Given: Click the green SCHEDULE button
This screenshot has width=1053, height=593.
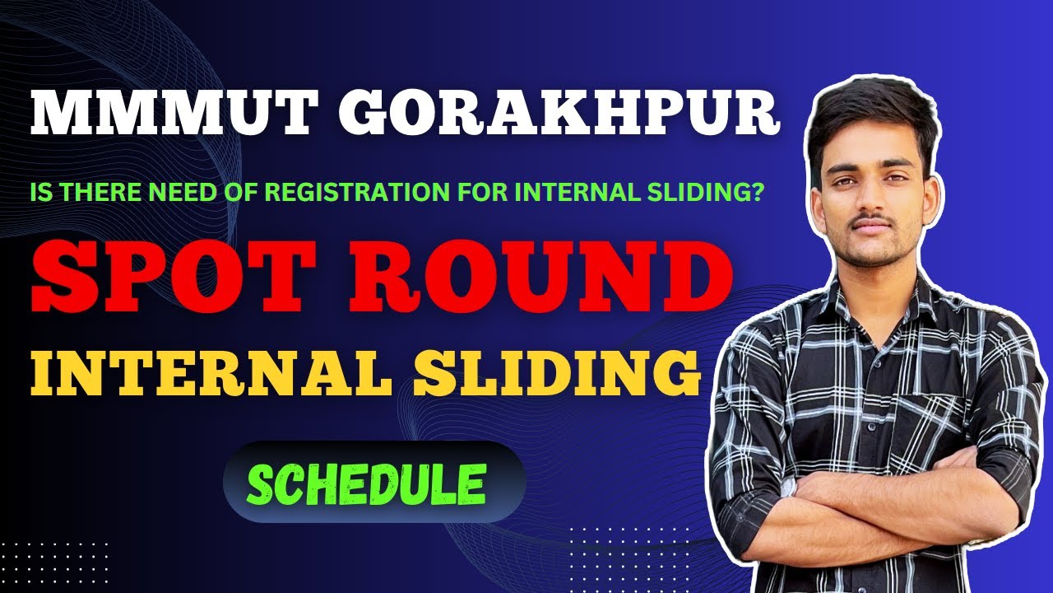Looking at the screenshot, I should [x=366, y=483].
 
